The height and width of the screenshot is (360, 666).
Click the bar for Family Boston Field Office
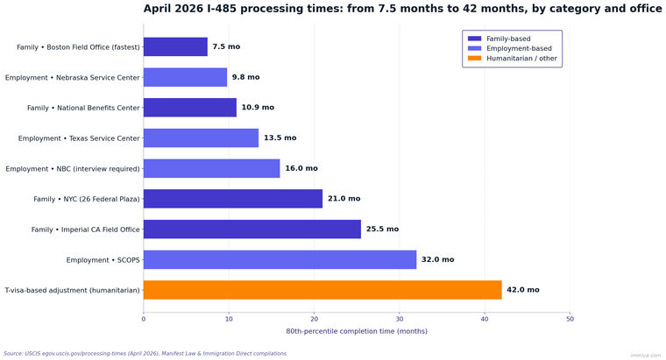pos(175,46)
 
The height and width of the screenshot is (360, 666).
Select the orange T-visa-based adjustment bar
pos(322,290)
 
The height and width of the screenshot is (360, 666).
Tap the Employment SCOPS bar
pos(280,259)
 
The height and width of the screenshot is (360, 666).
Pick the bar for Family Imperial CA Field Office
pos(252,229)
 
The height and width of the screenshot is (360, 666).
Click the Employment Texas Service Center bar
pos(201,138)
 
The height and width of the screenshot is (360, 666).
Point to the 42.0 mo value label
pos(523,290)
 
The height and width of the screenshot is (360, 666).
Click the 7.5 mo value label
pos(225,46)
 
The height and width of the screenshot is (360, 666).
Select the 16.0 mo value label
pos(301,168)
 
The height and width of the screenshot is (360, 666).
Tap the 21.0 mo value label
pos(344,199)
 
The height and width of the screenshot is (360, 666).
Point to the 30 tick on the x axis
pos(400,319)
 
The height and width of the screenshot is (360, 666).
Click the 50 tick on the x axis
pos(570,319)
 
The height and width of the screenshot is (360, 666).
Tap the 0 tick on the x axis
pos(144,319)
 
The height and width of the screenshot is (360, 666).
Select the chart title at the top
pos(402,9)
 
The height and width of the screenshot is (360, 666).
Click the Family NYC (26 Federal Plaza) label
pos(87,199)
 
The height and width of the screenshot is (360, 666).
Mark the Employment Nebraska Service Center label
pos(73,77)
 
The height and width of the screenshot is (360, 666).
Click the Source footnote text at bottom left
pos(145,353)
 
